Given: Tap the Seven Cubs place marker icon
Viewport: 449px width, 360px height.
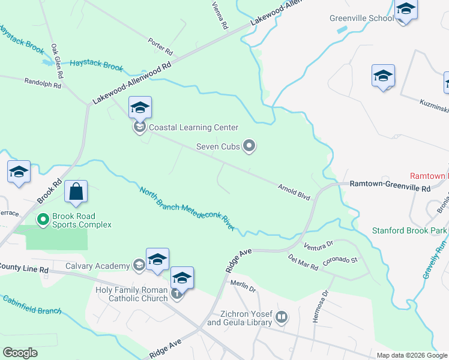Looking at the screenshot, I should click(x=250, y=146).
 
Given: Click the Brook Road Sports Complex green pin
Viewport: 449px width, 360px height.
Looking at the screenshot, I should click(x=43, y=220).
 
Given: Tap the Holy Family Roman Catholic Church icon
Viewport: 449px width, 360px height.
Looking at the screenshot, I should click(x=176, y=293).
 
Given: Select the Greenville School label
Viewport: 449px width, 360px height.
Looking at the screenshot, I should click(x=361, y=18).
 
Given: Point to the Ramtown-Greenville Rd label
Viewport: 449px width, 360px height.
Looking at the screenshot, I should click(x=390, y=188).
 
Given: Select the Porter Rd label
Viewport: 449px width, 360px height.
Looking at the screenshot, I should click(x=160, y=43).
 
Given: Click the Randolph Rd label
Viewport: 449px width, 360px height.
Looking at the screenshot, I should click(x=43, y=83).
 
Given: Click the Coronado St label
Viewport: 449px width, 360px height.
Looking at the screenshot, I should click(x=340, y=260).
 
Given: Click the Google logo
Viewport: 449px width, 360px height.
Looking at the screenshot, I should click(x=20, y=353).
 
